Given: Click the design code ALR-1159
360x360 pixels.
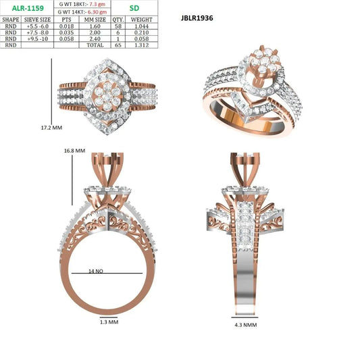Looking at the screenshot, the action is (28, 8).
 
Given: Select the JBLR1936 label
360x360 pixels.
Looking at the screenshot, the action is (197, 18).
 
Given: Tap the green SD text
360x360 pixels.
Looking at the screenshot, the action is (134, 8).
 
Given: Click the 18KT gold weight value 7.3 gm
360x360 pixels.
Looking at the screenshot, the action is (97, 4).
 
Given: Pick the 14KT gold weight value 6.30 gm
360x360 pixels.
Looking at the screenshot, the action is (97, 11).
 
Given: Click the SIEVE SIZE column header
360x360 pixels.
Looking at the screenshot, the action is (37, 20).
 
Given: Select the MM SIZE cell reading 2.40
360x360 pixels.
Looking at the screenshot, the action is (95, 38).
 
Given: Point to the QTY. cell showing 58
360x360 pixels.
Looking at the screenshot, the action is (118, 26).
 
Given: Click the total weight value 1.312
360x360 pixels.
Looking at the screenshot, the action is (142, 45).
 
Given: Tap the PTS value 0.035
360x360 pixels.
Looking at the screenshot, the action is (66, 32).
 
